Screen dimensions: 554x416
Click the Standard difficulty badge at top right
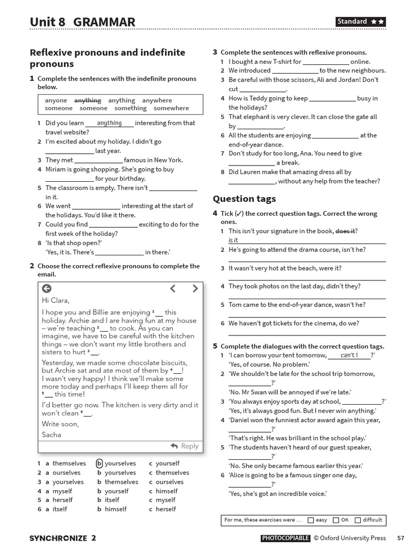(360, 22)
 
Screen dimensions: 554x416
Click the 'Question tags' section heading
(244, 199)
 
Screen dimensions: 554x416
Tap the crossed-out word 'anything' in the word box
(88, 100)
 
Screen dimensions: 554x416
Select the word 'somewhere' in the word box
(171, 108)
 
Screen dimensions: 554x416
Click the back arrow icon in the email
(47, 288)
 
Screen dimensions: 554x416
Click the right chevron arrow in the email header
(195, 288)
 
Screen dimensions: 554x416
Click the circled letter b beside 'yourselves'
(100, 463)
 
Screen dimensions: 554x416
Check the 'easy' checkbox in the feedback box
(310, 520)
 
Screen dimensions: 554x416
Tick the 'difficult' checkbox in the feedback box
(357, 520)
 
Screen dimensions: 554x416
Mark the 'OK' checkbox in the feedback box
(336, 520)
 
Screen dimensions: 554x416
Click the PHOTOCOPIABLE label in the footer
(285, 538)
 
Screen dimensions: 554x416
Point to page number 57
(400, 538)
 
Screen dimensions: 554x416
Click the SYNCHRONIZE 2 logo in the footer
(63, 538)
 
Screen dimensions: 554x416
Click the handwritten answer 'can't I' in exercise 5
(349, 355)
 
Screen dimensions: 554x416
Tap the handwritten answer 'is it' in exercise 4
(233, 240)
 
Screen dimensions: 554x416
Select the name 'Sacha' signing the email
(51, 434)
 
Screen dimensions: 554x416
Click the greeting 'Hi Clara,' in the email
(56, 300)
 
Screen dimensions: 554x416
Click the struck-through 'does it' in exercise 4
(345, 231)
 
